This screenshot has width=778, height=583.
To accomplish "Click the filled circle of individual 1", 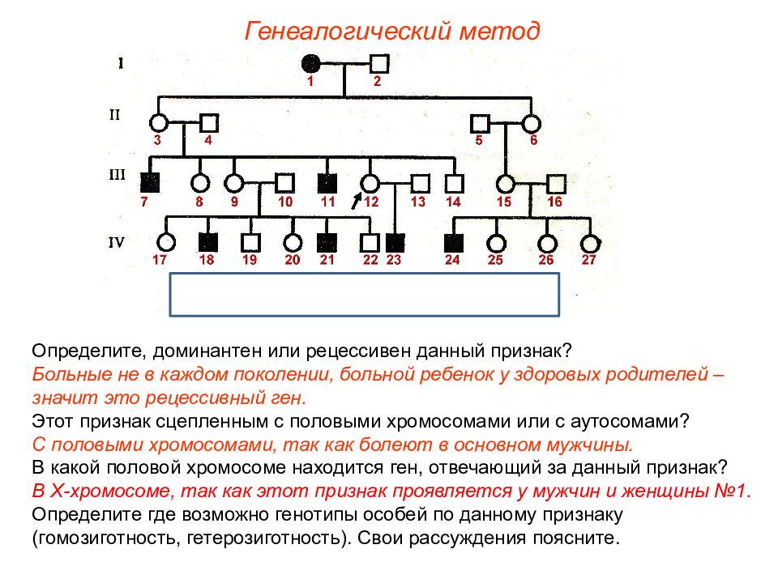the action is pyautogui.click(x=310, y=63).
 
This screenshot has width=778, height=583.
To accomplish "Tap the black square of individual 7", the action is pyautogui.click(x=150, y=183).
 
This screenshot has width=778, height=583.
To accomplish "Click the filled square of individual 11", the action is pyautogui.click(x=327, y=183).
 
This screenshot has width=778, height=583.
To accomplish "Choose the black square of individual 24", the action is pyautogui.click(x=454, y=243).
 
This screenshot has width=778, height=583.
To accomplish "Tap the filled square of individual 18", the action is pyautogui.click(x=208, y=242).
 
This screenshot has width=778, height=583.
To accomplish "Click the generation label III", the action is pyautogui.click(x=117, y=175).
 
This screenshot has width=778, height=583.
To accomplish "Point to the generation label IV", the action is pyautogui.click(x=116, y=242).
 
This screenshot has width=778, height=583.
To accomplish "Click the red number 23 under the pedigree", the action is pyautogui.click(x=394, y=260).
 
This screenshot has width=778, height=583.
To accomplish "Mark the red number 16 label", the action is pyautogui.click(x=554, y=202).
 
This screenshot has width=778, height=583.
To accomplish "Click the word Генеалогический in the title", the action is pyautogui.click(x=348, y=32).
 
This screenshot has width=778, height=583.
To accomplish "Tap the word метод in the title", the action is pyautogui.click(x=500, y=32).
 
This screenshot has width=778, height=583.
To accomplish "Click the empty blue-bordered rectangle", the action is pyautogui.click(x=365, y=273).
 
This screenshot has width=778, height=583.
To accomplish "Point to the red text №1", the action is pyautogui.click(x=733, y=491).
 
